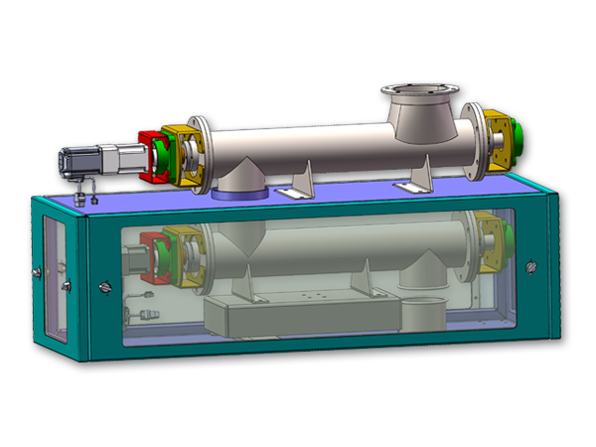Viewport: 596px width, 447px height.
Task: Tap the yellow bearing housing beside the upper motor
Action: point(185,154)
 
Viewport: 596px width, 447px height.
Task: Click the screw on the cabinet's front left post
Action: point(105,287)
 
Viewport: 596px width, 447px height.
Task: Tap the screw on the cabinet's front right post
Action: point(528,266)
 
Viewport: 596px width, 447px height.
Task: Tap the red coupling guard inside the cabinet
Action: point(150,253)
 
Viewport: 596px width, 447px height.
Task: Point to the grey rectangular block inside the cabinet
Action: point(298,316)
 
